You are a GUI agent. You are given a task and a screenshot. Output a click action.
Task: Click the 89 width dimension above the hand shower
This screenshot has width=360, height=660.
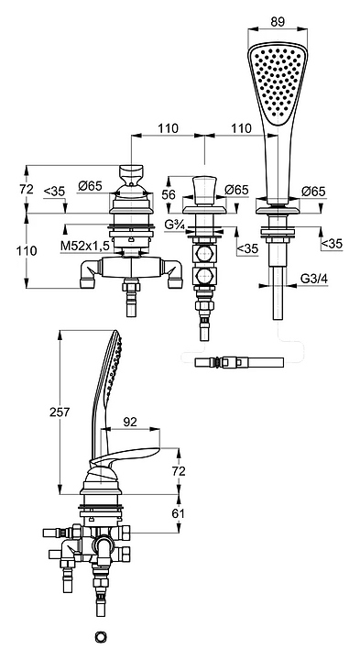[278, 21]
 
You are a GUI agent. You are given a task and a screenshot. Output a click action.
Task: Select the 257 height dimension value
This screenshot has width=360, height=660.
[60, 412]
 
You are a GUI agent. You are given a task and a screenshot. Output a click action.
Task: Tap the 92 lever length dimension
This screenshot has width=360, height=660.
[130, 422]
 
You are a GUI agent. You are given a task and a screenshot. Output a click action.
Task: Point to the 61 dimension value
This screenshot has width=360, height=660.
[178, 513]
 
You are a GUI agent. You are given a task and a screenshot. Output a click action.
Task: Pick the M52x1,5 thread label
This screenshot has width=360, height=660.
[84, 247]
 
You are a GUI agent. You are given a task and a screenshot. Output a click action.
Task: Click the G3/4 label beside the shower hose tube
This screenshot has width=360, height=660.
[313, 279]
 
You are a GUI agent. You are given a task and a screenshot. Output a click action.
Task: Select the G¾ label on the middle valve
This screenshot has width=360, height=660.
[175, 225]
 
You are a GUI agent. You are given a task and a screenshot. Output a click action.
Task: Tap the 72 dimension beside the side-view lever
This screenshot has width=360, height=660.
[179, 470]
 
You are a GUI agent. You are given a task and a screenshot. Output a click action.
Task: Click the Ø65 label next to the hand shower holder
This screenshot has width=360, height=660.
[313, 192]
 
